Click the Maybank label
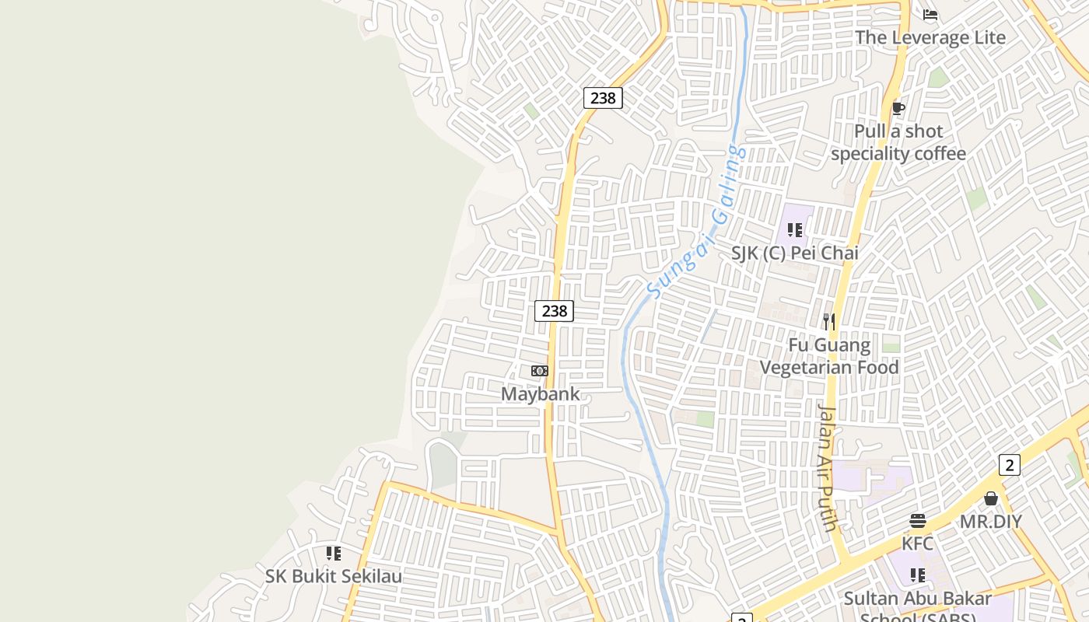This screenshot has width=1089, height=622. click(x=540, y=393)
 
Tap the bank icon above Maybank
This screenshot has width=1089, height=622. click(x=540, y=371)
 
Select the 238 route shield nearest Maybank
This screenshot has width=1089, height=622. click(x=554, y=311)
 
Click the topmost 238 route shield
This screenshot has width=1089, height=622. click(x=603, y=98)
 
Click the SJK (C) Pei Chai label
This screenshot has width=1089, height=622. click(x=795, y=253)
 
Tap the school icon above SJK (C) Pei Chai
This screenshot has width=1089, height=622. click(x=794, y=230)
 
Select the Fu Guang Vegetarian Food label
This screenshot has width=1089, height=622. click(x=829, y=356)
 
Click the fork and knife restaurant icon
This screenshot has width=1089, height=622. click(x=829, y=321)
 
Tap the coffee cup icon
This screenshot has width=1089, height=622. click(x=898, y=108)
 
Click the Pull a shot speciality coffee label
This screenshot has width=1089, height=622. click(x=898, y=142)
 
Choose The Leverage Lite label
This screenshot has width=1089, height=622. click(x=930, y=37)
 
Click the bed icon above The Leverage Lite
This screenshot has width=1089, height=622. click(x=930, y=15)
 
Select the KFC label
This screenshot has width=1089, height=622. click(x=917, y=543)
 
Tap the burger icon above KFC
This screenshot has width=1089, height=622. click(x=918, y=521)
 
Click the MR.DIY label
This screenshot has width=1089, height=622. click(x=990, y=521)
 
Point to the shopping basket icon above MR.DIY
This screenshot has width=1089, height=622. click(x=991, y=498)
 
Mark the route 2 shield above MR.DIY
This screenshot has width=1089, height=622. click(x=1009, y=465)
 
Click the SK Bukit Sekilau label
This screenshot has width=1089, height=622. click(x=334, y=576)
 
